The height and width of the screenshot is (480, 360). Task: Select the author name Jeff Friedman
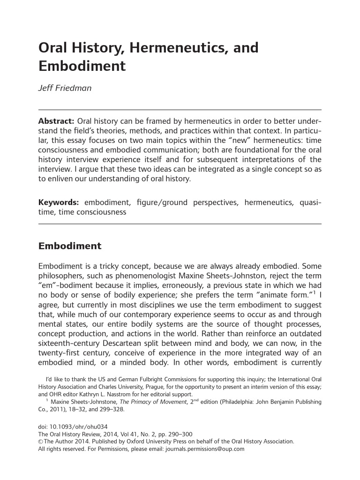click(x=65, y=88)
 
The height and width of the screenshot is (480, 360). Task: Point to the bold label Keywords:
click(x=59, y=202)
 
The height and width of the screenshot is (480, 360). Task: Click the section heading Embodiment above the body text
click(x=69, y=246)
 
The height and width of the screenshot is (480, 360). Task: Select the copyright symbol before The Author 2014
click(x=40, y=442)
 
